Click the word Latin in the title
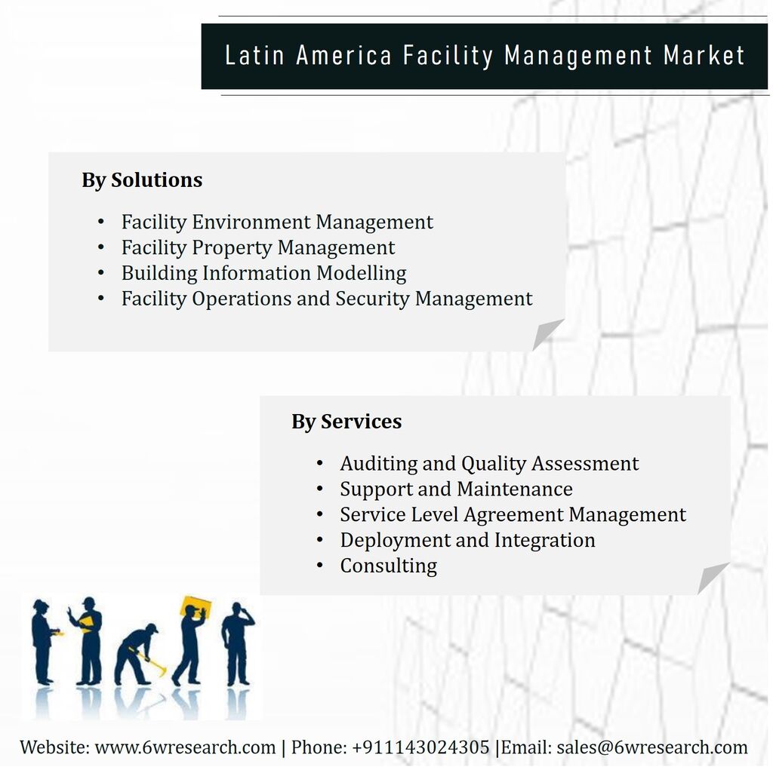[x=254, y=55]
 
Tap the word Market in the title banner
[x=704, y=55]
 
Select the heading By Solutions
[x=142, y=180]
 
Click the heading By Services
[x=346, y=422]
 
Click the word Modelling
[x=362, y=274]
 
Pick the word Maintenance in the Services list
[x=515, y=489]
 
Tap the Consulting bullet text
[x=389, y=566]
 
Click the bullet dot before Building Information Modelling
[x=100, y=273]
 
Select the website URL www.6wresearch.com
[x=185, y=747]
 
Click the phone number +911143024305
[x=420, y=747]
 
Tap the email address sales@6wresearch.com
[x=651, y=747]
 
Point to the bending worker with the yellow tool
[x=137, y=654]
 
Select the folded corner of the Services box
[x=711, y=578]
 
